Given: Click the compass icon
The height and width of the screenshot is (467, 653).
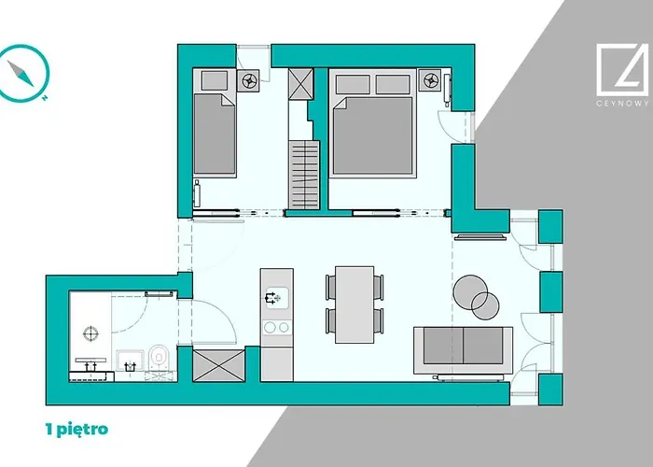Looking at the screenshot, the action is point(23,73).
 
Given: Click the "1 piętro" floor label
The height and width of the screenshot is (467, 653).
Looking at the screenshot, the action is point(76,429).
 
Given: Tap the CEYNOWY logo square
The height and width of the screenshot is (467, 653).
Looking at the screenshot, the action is point(622,70).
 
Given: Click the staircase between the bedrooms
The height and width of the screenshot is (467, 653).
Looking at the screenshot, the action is point(304,176).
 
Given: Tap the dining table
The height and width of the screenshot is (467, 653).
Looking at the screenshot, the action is point(354,304).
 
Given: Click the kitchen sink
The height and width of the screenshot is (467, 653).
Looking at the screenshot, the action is point(277,298).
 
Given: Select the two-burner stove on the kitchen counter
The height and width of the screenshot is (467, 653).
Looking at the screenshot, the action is point(277,327).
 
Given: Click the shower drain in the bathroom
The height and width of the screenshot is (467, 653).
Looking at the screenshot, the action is point(90,333).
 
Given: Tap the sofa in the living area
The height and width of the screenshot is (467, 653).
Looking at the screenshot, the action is point(463,350).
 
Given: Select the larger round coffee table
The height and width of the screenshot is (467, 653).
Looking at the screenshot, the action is point(470,291).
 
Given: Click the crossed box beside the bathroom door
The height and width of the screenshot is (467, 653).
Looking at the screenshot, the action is point(218,366).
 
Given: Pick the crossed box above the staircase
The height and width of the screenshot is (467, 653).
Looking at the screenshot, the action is point(300,84).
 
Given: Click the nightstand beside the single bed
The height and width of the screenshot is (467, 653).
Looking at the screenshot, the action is point(248,80).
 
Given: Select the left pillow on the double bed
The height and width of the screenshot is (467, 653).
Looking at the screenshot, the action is point(353,85).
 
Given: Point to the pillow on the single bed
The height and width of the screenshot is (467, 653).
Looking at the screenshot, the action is point(215,80).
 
